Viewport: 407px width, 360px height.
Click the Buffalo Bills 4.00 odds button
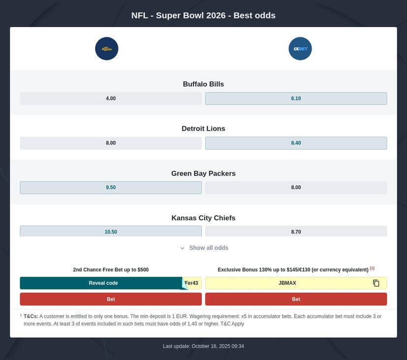pyautogui.click(x=111, y=98)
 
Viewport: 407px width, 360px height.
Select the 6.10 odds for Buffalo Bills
pyautogui.click(x=296, y=98)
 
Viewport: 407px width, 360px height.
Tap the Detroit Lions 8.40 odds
pyautogui.click(x=296, y=143)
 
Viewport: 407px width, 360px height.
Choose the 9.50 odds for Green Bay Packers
pyautogui.click(x=111, y=188)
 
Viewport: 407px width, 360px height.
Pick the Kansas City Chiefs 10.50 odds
pyautogui.click(x=111, y=231)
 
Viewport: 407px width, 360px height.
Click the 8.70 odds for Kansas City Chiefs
pyautogui.click(x=296, y=231)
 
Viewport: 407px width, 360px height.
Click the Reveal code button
pyautogui.click(x=103, y=283)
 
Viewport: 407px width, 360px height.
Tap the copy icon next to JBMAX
pyautogui.click(x=376, y=283)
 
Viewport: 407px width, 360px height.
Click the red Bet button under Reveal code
pyautogui.click(x=111, y=299)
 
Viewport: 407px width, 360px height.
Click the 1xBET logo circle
pyautogui.click(x=300, y=49)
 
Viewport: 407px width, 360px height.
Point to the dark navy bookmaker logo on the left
pyautogui.click(x=107, y=49)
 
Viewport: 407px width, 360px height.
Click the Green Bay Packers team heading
pyautogui.click(x=203, y=173)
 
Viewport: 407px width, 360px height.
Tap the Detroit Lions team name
pyautogui.click(x=203, y=129)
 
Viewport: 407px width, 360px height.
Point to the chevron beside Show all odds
pyautogui.click(x=182, y=248)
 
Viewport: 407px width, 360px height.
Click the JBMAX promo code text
pyautogui.click(x=287, y=283)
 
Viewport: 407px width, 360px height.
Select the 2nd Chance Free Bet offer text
pyautogui.click(x=111, y=269)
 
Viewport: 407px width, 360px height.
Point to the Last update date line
pyautogui.click(x=203, y=346)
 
